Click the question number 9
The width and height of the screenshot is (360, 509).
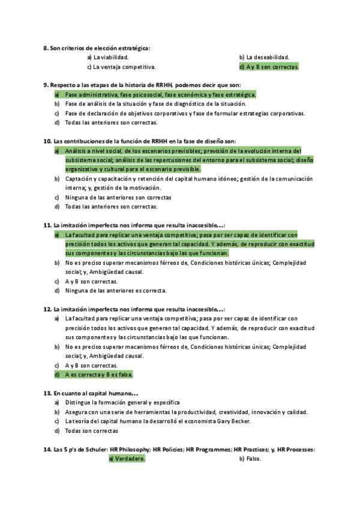click(46, 85)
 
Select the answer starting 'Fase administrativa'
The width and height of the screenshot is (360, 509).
click(160, 95)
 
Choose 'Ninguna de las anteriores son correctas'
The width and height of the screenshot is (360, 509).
click(118, 197)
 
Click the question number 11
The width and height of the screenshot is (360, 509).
click(47, 226)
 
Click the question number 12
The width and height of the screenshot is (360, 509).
click(47, 309)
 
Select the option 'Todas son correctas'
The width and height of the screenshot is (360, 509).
click(91, 430)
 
